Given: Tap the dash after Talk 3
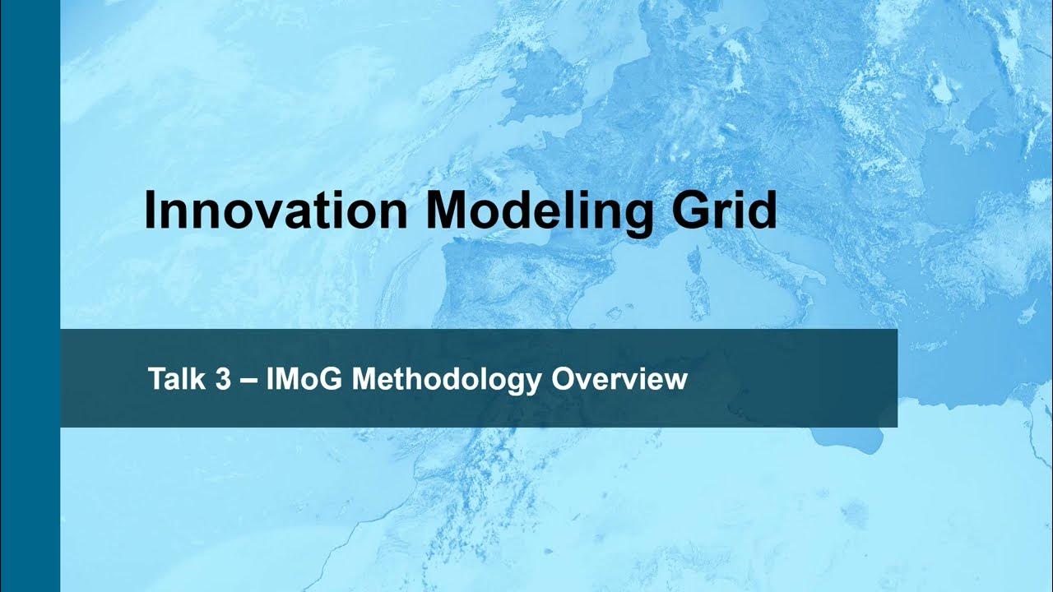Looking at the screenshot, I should pos(250,381).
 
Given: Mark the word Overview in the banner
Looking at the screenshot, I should pos(619,379).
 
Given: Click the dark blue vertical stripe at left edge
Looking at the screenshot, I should pos(30,296).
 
